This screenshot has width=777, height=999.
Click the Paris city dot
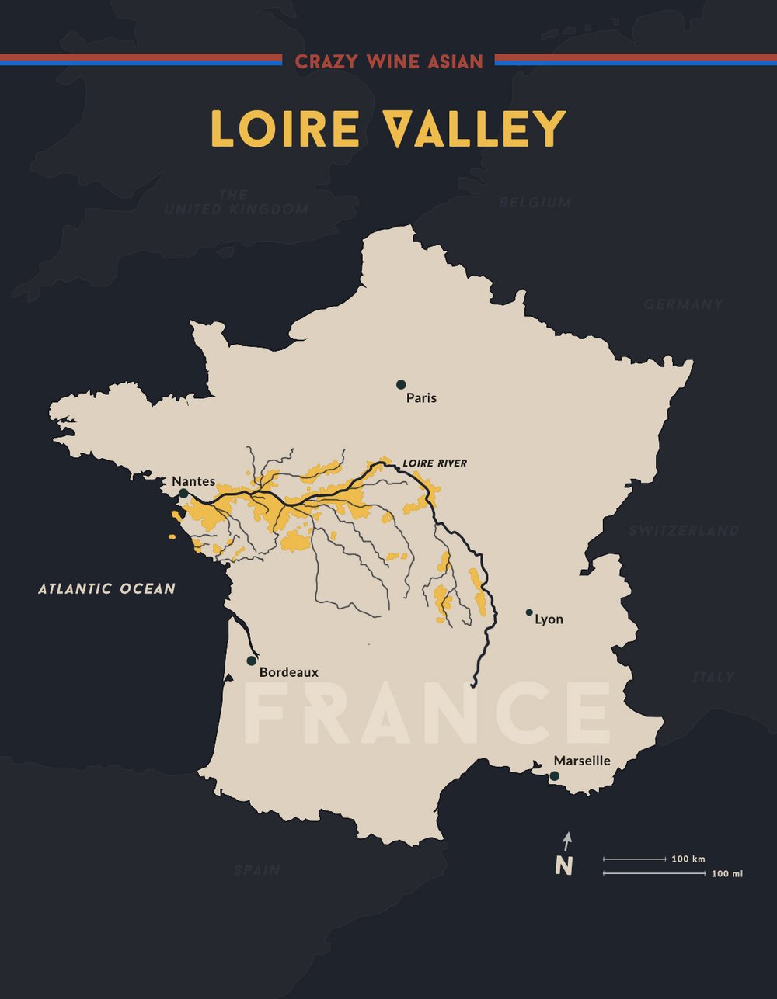[401, 384]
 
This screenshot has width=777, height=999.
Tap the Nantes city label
[193, 481]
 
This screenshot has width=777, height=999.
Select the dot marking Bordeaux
[251, 661]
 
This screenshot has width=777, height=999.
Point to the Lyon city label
[549, 619]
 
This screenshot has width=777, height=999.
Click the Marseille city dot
[554, 775]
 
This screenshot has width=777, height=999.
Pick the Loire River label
[434, 463]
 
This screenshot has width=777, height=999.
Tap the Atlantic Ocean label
[107, 588]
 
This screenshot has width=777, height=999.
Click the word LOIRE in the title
[285, 129]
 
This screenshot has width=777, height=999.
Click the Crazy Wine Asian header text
[388, 61]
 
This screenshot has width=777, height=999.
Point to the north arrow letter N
[564, 865]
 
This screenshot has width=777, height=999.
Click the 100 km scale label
[688, 859]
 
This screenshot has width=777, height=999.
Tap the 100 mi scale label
[727, 874]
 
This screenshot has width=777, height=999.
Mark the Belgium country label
[535, 203]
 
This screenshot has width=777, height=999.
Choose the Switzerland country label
[684, 531]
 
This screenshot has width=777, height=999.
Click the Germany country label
[683, 304]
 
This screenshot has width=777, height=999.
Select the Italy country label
[713, 677]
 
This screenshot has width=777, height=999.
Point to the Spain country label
[257, 870]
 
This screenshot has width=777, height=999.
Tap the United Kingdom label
[236, 203]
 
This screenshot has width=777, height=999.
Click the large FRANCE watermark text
[427, 713]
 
